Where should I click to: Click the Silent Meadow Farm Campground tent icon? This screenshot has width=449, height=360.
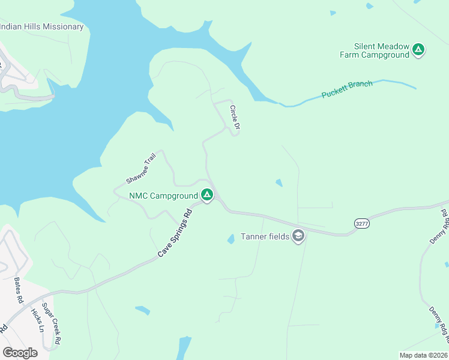tap(418, 50)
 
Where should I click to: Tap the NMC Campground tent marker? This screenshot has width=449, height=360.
tap(206, 196)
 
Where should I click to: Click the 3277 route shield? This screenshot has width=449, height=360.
tap(361, 223)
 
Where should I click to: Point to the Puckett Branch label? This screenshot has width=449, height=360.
tap(347, 89)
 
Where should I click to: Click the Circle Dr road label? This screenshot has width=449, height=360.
tap(235, 118)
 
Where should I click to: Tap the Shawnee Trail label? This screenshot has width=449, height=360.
tap(141, 168)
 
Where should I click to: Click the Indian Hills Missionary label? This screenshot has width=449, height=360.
tap(41, 27)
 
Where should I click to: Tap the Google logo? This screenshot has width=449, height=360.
tap(20, 352)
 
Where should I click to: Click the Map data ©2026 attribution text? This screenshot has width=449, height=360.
tap(423, 355)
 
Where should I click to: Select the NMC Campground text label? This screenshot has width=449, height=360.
tap(163, 196)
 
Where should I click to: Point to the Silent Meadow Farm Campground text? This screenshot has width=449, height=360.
tap(382, 50)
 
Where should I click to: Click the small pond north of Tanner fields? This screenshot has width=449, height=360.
tap(279, 182)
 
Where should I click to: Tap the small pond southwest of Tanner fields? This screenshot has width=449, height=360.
tap(231, 239)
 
